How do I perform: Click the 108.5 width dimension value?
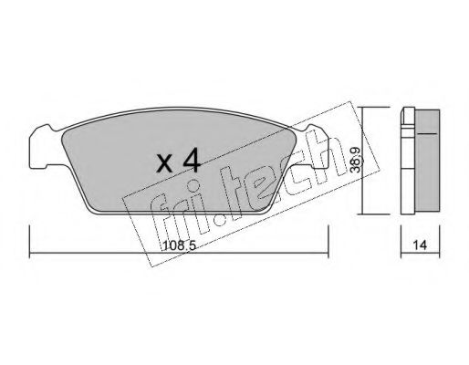179,245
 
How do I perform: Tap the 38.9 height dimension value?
355,160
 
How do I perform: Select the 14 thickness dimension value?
420,245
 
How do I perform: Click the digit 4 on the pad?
192,162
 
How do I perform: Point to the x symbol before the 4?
164,164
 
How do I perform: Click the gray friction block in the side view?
427,160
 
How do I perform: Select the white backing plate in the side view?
408,161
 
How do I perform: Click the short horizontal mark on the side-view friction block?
427,133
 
